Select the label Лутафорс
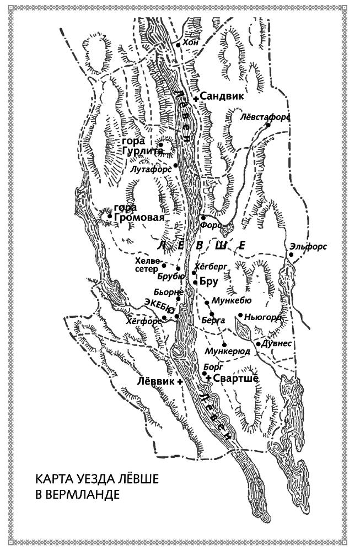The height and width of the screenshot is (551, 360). [x=149, y=169]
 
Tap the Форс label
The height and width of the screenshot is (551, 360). [x=212, y=226]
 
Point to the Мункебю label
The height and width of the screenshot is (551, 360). [x=231, y=301]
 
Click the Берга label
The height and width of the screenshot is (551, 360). [x=212, y=320]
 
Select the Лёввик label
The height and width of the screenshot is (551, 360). [x=156, y=380]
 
